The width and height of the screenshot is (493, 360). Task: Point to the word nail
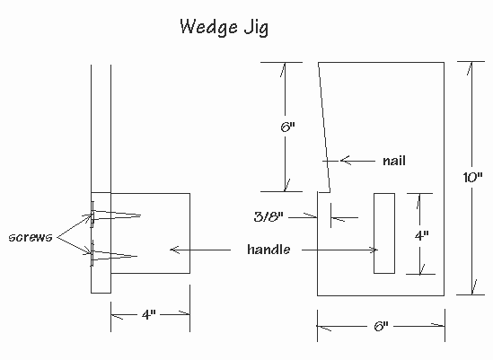pyautogui.click(x=393, y=161)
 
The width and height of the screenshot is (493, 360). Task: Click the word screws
pyautogui.click(x=31, y=237)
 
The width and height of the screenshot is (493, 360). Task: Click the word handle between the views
pyautogui.click(x=269, y=249)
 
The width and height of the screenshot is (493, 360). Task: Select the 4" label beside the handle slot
pyautogui.click(x=421, y=234)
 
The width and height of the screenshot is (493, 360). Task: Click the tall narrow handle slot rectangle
pyautogui.click(x=383, y=233)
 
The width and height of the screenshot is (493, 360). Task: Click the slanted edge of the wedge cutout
pyautogui.click(x=324, y=126)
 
